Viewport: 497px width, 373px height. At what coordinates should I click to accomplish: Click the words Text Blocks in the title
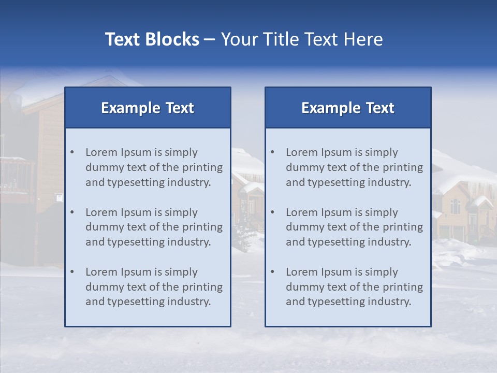pos(152,39)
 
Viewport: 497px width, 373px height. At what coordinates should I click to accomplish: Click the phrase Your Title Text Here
pos(302,39)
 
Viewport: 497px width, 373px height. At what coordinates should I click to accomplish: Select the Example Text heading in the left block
pos(148,108)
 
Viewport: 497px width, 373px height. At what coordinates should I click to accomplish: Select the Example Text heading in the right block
pos(348,108)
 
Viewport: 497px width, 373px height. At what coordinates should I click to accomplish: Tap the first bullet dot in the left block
pos(72,152)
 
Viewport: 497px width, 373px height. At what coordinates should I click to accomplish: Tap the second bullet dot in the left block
pos(72,212)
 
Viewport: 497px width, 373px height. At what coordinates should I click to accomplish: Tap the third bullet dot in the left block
pos(72,272)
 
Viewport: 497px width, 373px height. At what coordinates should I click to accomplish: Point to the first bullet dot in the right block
pos(272,152)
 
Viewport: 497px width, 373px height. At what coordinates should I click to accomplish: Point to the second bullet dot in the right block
pos(272,212)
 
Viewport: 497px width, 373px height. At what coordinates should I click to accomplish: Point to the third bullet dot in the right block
pos(272,272)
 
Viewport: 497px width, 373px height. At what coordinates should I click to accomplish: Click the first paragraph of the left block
pos(154,167)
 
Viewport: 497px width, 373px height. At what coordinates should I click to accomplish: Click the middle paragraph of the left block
pos(154,227)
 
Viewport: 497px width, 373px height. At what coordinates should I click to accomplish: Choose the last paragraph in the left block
pos(154,287)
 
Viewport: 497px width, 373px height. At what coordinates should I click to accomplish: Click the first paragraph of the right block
pos(354,167)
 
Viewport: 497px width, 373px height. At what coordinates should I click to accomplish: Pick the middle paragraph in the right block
pos(354,227)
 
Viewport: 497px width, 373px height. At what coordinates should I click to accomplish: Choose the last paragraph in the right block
pos(354,287)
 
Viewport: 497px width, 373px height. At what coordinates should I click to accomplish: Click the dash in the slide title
pos(210,40)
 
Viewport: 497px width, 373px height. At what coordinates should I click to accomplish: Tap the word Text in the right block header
pos(380,108)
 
